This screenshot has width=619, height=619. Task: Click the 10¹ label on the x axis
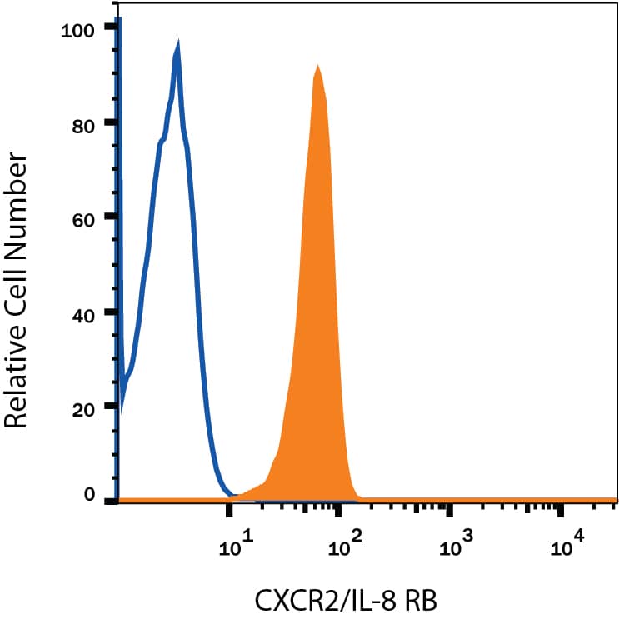pyautogui.click(x=233, y=547)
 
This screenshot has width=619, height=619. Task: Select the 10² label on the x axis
pyautogui.click(x=344, y=547)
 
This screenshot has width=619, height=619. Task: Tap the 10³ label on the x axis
pyautogui.click(x=455, y=547)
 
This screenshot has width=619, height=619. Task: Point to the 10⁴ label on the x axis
pyautogui.click(x=567, y=547)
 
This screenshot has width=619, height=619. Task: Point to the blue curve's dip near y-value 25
pyautogui.click(x=123, y=392)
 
